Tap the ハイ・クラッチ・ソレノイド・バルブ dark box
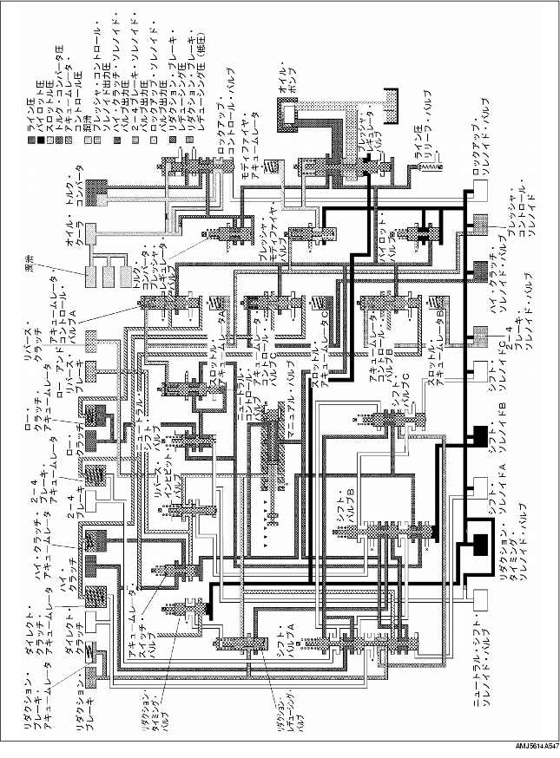481,270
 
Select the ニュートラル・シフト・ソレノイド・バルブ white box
480,598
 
